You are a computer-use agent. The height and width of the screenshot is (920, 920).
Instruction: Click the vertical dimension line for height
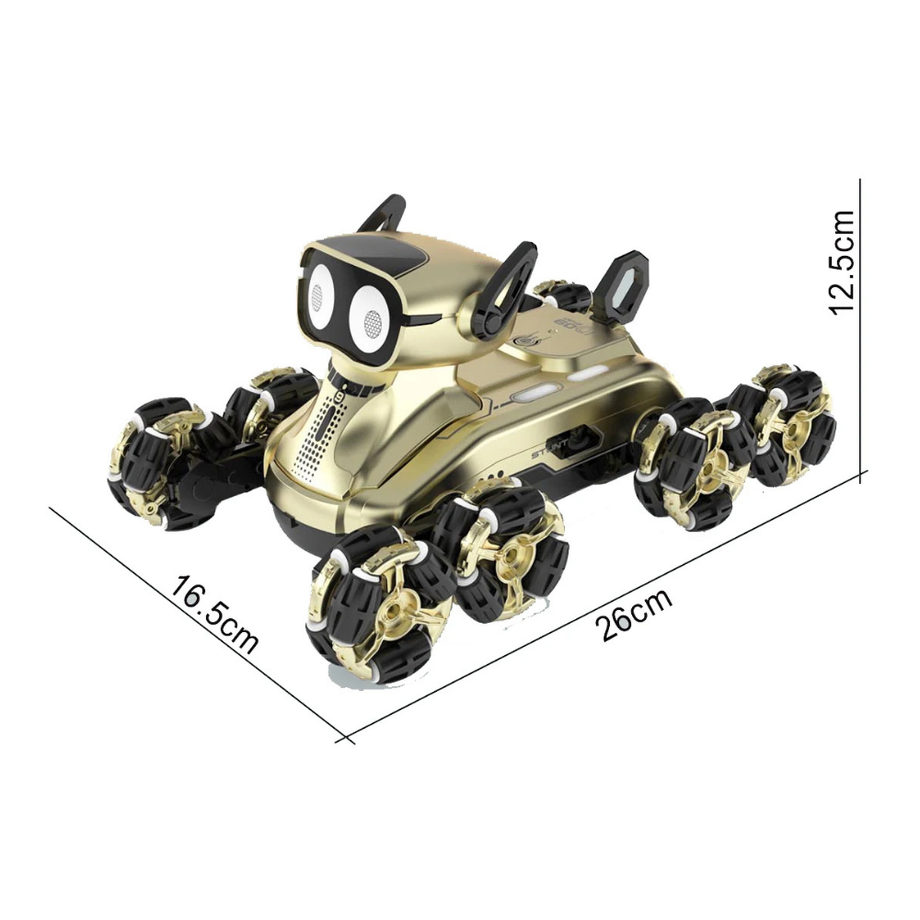pos(862,325)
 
